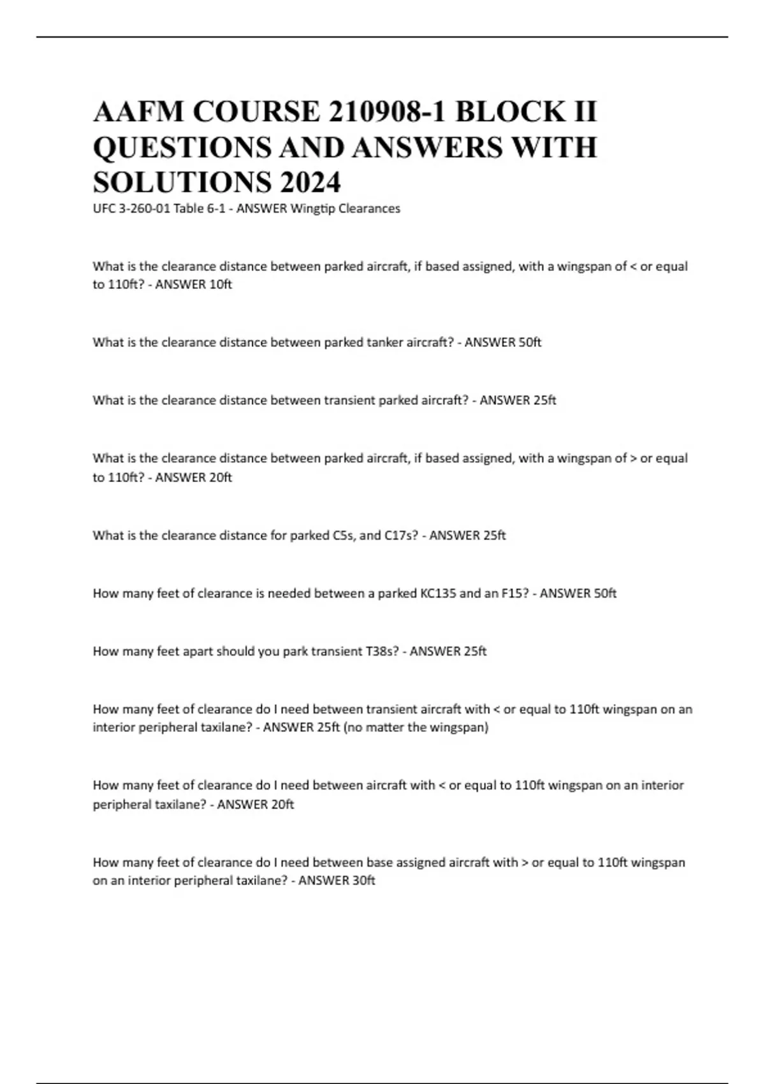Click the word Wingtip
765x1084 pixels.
pos(313,209)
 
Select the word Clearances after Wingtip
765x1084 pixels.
pos(371,209)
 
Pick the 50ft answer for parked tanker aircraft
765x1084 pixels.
pos(530,342)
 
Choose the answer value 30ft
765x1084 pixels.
pos(363,881)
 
